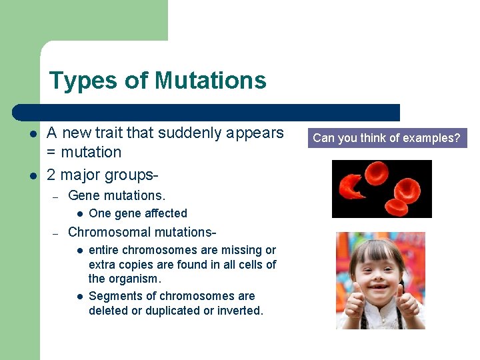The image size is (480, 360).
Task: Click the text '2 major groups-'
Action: click(103, 175)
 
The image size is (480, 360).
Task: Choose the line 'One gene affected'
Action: click(137, 213)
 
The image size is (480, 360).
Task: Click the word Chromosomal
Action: click(108, 232)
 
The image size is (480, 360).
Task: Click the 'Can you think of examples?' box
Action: click(387, 139)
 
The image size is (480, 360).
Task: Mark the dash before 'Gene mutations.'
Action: click(57, 196)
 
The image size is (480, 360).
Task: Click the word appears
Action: click(256, 133)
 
